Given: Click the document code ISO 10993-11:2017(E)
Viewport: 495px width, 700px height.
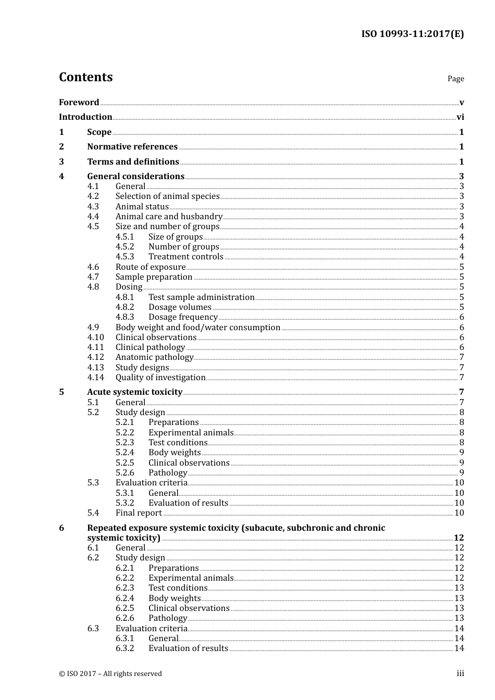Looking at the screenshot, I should (x=412, y=34).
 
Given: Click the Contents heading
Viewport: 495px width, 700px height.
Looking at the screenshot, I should (x=85, y=77).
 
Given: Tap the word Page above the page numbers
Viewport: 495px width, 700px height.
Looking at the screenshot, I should (x=455, y=79).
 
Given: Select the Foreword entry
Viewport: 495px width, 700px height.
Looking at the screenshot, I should (x=79, y=103).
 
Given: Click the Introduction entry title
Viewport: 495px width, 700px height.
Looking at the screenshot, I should (x=85, y=117).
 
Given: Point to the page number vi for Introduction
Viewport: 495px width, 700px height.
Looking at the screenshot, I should (x=460, y=117).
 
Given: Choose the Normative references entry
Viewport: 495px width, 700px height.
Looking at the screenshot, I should (x=132, y=147).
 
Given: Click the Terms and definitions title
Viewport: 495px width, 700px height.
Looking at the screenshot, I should (x=133, y=162).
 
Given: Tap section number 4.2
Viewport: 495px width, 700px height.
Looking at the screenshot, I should (x=93, y=196).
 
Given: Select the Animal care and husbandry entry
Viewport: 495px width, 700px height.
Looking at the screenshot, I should (x=169, y=217).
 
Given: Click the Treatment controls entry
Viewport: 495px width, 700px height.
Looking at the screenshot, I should (x=185, y=257).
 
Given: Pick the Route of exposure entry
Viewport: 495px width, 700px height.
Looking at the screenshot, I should (x=150, y=267).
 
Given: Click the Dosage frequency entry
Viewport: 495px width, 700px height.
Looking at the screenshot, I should (x=183, y=317).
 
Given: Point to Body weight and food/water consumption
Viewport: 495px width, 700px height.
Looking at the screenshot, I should (x=197, y=328).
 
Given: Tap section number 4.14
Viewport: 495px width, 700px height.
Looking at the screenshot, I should (x=95, y=378).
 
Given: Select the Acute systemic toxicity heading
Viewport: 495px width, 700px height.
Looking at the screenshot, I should (x=134, y=392).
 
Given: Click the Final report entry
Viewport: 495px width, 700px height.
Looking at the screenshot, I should (x=139, y=513).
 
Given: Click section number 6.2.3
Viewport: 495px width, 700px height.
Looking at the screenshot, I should (x=125, y=588).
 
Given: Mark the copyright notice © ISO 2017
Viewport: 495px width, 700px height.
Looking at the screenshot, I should (x=110, y=673).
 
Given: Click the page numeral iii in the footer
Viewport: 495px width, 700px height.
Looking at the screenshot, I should (x=460, y=673).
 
